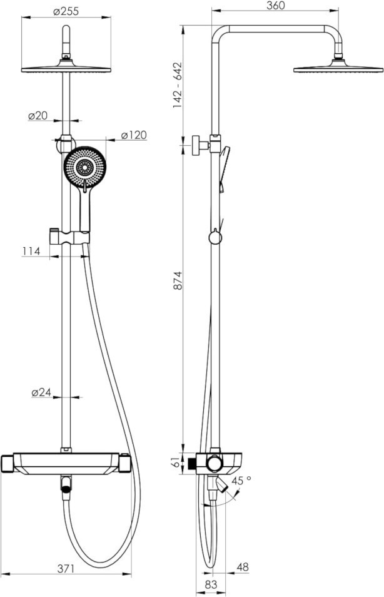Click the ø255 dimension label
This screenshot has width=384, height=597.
click(x=66, y=11)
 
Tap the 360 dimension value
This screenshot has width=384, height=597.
click(x=275, y=6)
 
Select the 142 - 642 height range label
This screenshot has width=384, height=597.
click(x=178, y=85)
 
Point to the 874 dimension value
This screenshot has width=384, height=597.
click(x=178, y=280)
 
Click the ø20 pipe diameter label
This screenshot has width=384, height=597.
click(x=38, y=116)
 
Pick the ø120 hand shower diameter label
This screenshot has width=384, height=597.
click(x=134, y=135)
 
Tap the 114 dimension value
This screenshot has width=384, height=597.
click(x=31, y=252)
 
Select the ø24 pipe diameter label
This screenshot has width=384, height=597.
click(x=41, y=392)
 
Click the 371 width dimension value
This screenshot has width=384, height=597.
click(x=66, y=569)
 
